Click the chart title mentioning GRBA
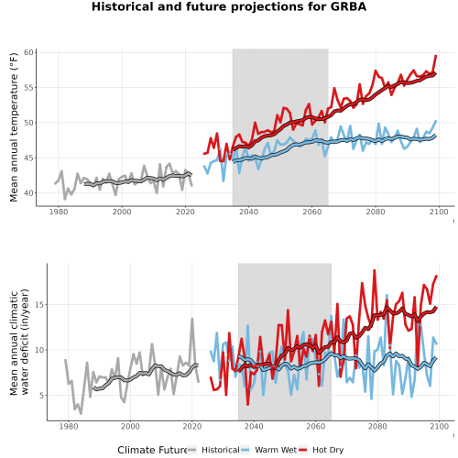coord(229,6)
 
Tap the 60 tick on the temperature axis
coord(28,52)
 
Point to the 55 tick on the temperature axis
coord(28,88)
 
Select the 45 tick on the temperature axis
coord(28,158)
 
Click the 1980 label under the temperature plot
coord(59,212)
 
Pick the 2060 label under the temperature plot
coord(312,212)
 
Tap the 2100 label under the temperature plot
coord(439,212)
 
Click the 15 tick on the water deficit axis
coord(39,305)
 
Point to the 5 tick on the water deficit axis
coord(41,396)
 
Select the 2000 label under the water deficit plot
coord(130,426)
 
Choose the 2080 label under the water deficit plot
coord(377,426)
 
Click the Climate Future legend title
coord(152,450)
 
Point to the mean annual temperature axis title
coord(14,127)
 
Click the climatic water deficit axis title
coord(19,342)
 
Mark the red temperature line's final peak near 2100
coord(436,56)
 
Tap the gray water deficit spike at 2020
coord(192,319)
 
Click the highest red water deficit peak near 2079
coord(375,270)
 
